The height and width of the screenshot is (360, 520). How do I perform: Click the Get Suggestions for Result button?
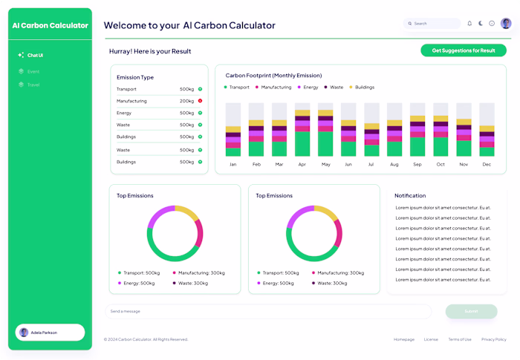click(x=464, y=50)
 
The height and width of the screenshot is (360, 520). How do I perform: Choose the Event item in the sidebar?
click(x=33, y=71)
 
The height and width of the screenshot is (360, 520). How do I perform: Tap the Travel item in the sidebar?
click(x=33, y=85)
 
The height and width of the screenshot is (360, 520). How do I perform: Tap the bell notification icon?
click(x=469, y=24)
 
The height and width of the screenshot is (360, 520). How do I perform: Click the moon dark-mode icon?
click(x=481, y=24)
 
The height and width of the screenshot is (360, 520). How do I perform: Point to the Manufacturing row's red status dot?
click(x=200, y=101)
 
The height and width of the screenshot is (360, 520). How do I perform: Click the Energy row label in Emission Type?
click(x=124, y=113)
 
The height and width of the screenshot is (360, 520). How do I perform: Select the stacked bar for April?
click(x=302, y=130)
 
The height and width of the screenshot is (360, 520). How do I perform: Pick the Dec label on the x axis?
click(x=487, y=164)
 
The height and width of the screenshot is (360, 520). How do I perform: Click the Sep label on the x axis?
click(x=417, y=164)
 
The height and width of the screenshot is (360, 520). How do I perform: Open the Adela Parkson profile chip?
click(x=50, y=333)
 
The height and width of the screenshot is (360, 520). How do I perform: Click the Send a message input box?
click(x=267, y=311)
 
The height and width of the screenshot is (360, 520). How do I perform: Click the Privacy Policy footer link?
click(x=493, y=339)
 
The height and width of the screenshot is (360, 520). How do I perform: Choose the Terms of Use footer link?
click(x=460, y=339)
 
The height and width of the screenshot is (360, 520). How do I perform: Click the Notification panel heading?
click(x=410, y=196)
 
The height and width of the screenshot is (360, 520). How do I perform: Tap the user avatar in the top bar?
click(x=506, y=24)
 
